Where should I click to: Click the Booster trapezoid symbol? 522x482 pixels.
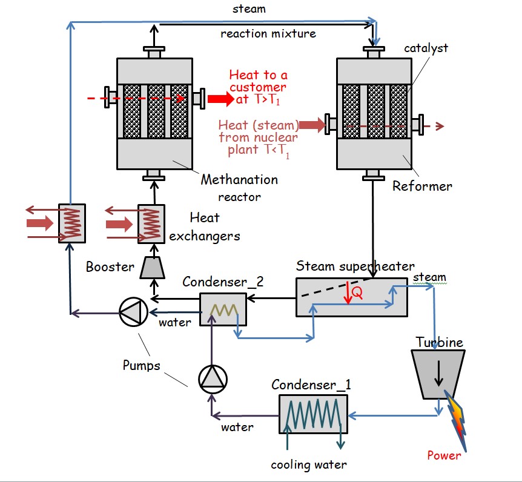click(153, 267)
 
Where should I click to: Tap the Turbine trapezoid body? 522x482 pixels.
click(438, 374)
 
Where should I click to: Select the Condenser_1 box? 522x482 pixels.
click(313, 414)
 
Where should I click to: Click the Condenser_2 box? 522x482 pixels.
click(223, 309)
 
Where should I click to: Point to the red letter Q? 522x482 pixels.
click(357, 292)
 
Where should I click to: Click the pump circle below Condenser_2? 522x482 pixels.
click(213, 379)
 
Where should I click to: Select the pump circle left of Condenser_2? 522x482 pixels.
click(133, 312)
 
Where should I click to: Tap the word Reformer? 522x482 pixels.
click(422, 186)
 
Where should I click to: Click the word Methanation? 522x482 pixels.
click(239, 180)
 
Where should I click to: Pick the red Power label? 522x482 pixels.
click(444, 455)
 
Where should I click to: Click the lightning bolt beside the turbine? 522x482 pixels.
click(455, 421)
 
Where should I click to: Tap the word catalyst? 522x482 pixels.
click(426, 48)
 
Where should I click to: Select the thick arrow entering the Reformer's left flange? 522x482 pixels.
click(312, 125)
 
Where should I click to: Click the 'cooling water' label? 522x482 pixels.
click(309, 464)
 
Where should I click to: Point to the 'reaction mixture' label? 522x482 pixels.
click(268, 34)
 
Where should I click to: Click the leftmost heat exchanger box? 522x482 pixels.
click(72, 223)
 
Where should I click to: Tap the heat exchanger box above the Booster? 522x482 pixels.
click(151, 224)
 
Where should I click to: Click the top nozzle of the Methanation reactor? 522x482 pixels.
click(154, 53)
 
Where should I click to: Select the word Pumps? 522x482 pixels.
click(142, 365)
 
